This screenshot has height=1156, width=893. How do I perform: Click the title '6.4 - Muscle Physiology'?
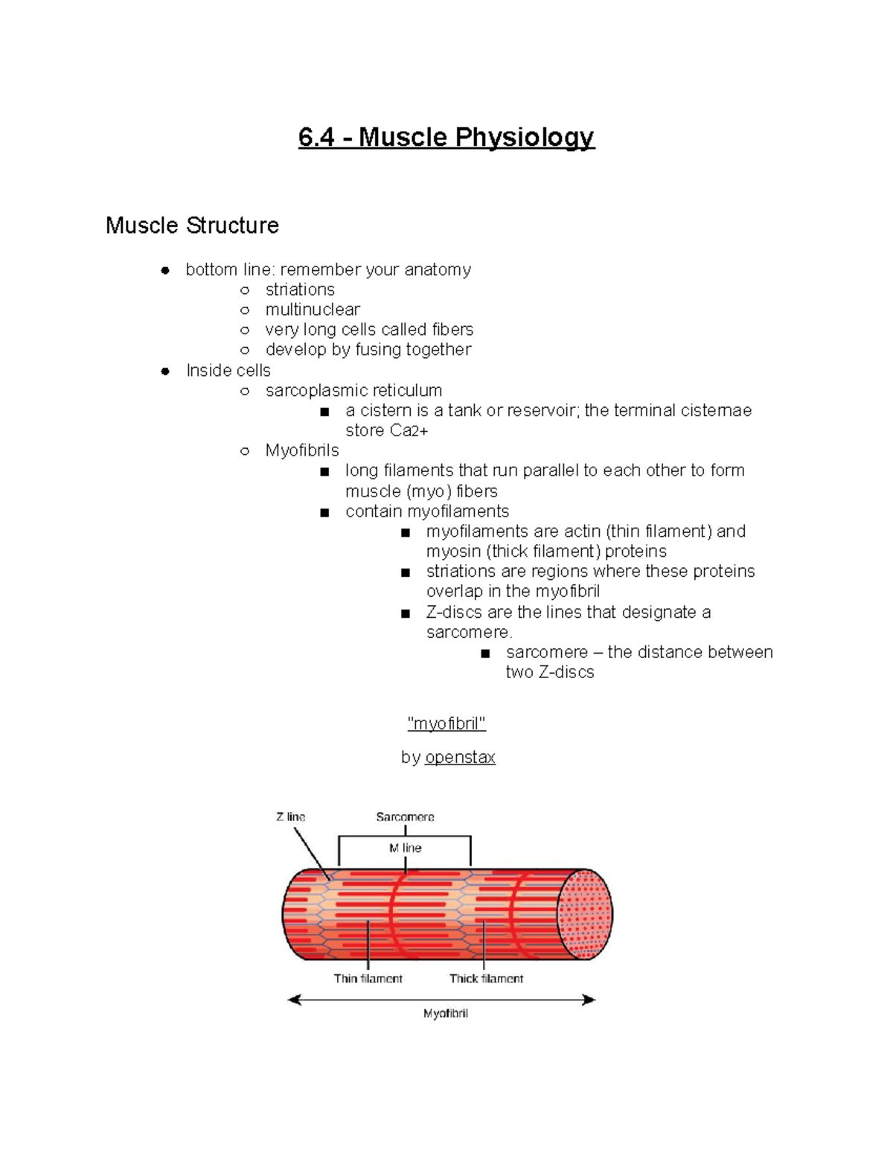click(x=446, y=138)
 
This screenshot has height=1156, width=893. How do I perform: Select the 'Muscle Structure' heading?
click(x=192, y=226)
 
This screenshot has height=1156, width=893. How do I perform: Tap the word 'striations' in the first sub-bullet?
click(x=300, y=290)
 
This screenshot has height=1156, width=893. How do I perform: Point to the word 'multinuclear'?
click(x=313, y=310)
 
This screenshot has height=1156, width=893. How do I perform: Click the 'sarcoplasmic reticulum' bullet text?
click(x=353, y=391)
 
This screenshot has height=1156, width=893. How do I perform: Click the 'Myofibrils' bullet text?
click(x=301, y=450)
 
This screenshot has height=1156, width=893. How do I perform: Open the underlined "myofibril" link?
click(x=446, y=724)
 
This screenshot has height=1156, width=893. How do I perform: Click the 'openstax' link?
click(x=460, y=758)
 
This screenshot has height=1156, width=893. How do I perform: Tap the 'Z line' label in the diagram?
click(x=291, y=817)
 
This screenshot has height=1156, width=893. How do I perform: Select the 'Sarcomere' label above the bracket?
click(x=405, y=817)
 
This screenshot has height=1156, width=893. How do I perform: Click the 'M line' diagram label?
click(x=405, y=848)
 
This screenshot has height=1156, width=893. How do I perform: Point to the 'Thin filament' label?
click(x=368, y=979)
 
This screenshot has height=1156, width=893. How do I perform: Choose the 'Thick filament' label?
click(x=486, y=979)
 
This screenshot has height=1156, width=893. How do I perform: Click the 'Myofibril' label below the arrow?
click(x=446, y=1014)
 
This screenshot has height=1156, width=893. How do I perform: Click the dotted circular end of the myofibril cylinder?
click(x=586, y=914)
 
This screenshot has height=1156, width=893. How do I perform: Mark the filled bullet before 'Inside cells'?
click(x=165, y=371)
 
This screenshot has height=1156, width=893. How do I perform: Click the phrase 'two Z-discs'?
click(x=550, y=672)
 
